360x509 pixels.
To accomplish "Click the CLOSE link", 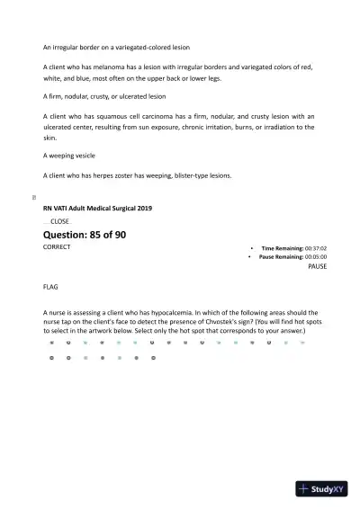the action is pos(59,221).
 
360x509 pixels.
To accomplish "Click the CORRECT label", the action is pos(57,246).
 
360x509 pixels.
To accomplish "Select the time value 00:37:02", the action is pos(315,247).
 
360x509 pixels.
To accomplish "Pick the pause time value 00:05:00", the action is pos(315,256).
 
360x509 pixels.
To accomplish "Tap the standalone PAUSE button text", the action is pos(317,267).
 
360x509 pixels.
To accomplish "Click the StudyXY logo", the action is pos(322,489).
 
